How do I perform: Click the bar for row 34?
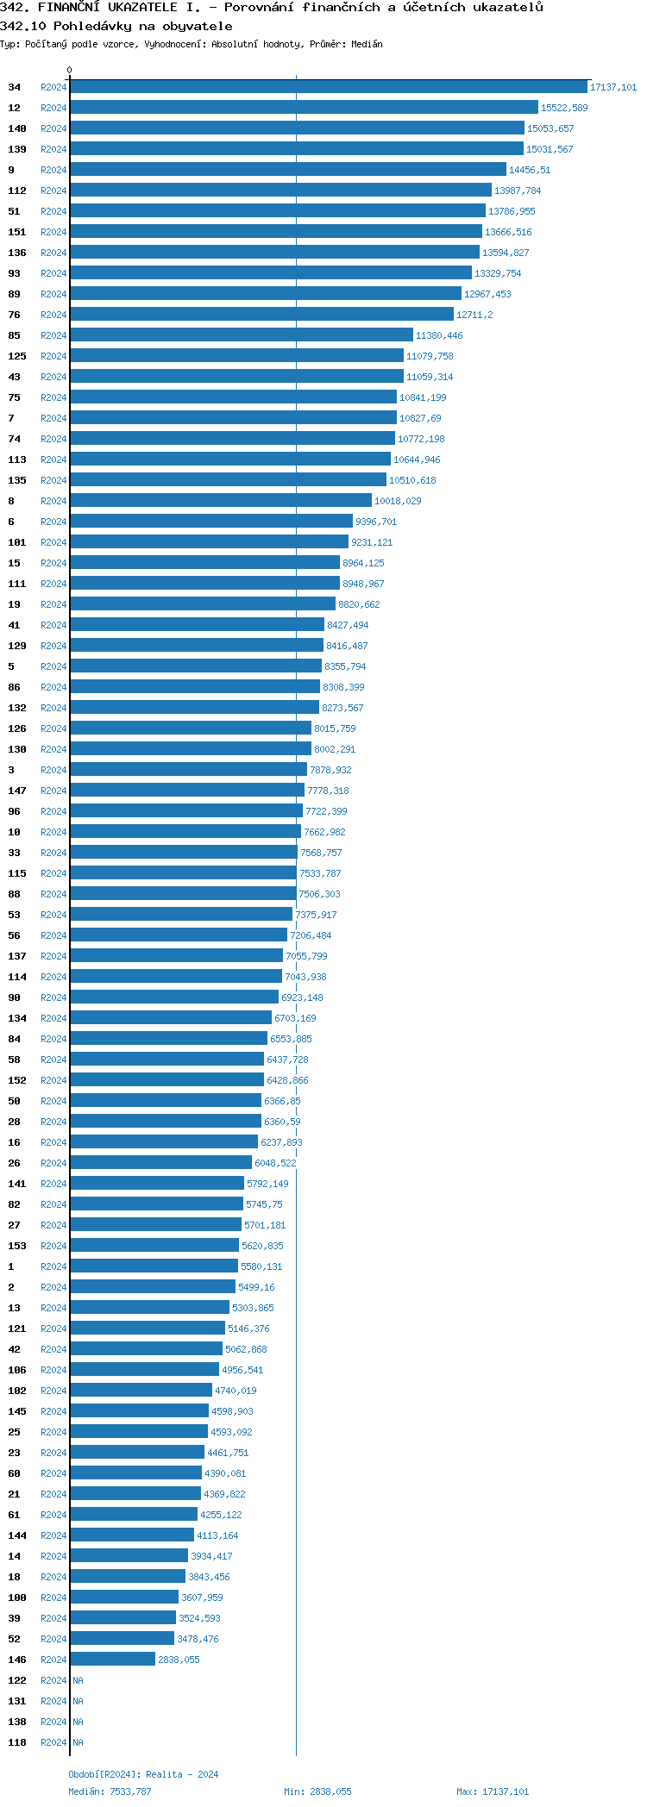coord(328,87)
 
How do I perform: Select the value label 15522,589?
coord(564,108)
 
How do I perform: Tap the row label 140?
coord(17,128)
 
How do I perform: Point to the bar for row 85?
coord(242,335)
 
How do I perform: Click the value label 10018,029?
coord(398,501)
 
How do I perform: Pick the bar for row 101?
coord(209,542)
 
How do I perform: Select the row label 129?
coord(17,646)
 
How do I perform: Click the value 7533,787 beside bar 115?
coord(320,873)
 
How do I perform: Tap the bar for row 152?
coord(166,1080)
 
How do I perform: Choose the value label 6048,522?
coord(275,1163)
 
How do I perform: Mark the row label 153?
coord(17,1246)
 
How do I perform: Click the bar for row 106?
coord(144,1370)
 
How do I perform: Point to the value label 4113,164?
coord(217,1535)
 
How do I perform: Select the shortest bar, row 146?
coord(112,1660)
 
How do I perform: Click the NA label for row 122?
coord(78,1680)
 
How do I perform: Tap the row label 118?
coord(17,1742)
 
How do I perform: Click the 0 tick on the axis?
coord(70,70)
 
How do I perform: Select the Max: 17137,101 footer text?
coord(493,1791)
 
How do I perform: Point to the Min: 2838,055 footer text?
coord(317,1791)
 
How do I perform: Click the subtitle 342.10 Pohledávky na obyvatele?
coord(116,26)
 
